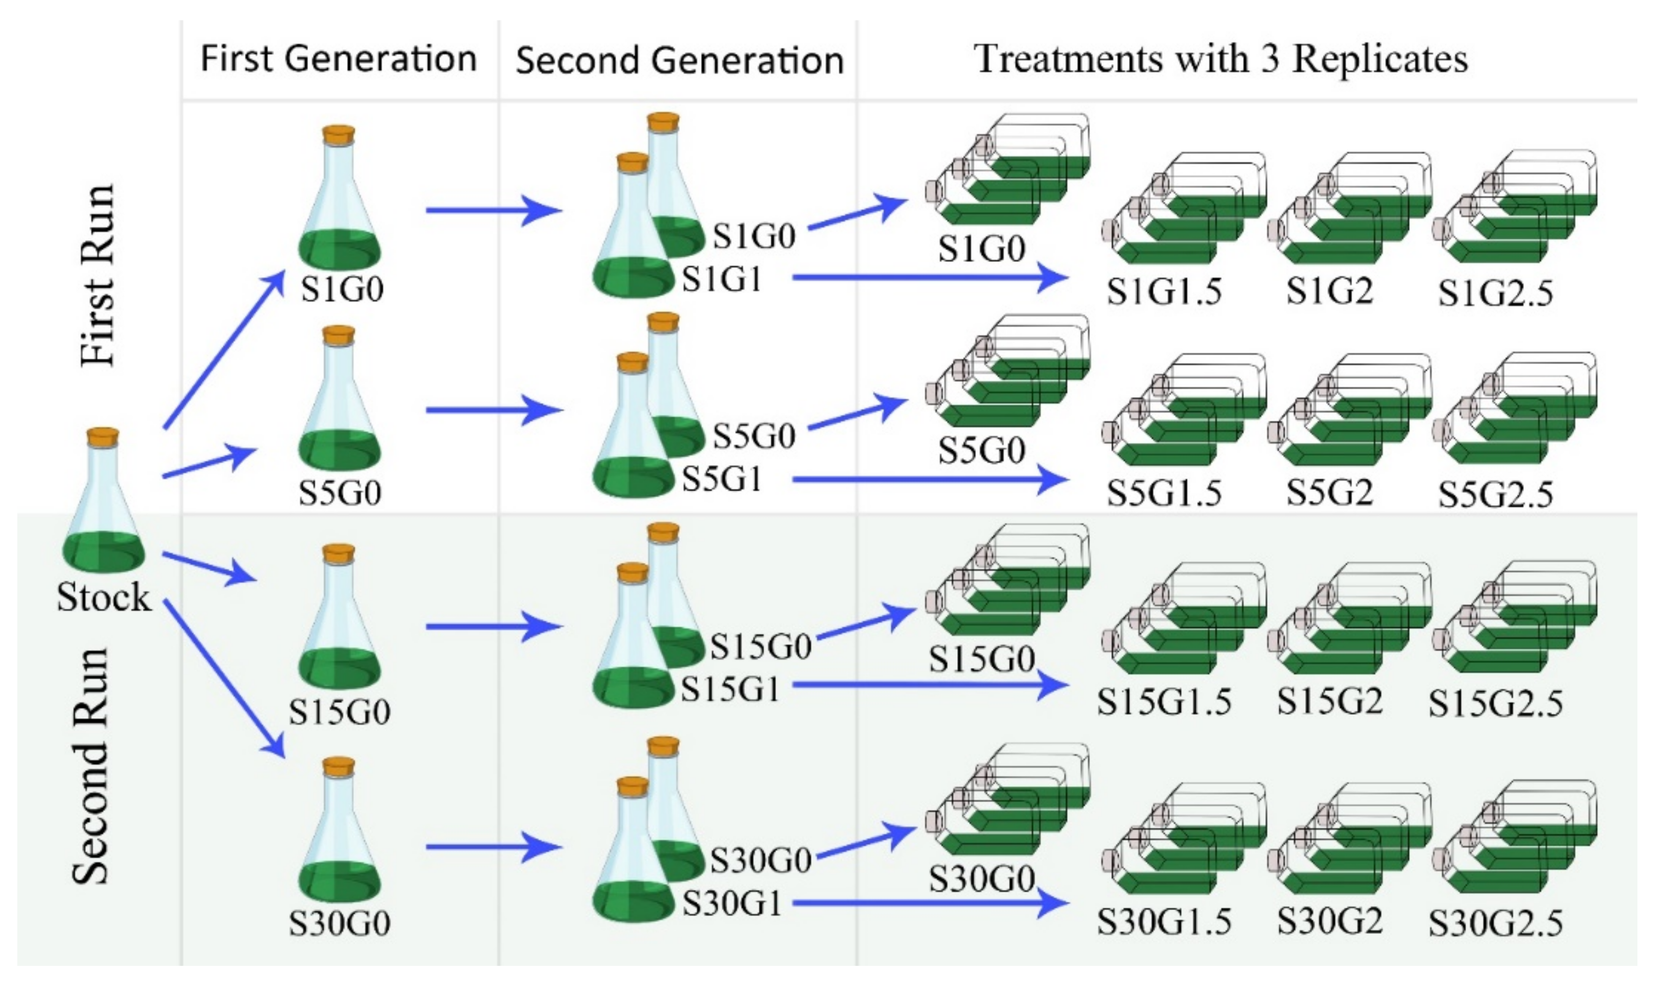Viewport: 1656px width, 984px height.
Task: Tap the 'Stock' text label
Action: coord(103,597)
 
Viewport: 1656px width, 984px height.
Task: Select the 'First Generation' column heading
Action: coord(338,58)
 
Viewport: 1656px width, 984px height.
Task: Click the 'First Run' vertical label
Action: coord(98,275)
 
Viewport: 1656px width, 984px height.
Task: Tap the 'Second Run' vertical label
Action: coord(90,766)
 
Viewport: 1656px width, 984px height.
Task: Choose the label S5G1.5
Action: coord(1164,493)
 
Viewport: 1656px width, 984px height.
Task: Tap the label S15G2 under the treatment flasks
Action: coord(1330,702)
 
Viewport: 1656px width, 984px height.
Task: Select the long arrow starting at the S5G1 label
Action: coord(928,479)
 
